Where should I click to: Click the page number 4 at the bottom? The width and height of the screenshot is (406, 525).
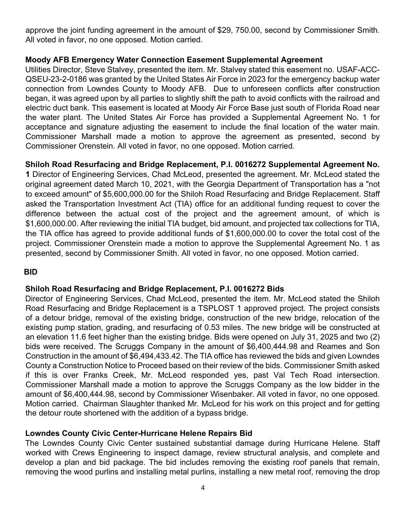(203, 488)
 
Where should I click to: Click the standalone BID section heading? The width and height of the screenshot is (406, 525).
(31, 272)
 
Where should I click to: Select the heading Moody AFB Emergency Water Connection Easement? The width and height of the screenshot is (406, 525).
(174, 60)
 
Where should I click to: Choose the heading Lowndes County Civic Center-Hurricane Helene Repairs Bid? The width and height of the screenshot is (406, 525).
(139, 433)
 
